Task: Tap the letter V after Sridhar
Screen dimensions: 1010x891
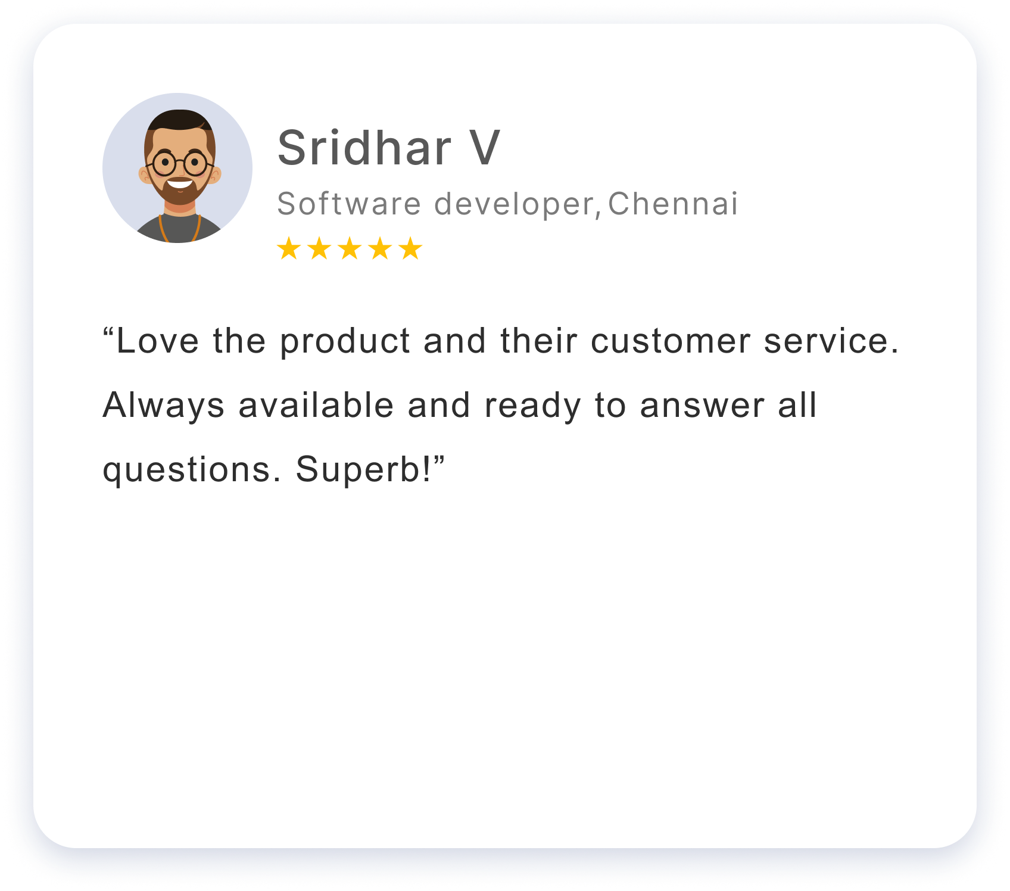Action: tap(484, 148)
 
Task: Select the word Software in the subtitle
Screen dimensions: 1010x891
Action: tap(350, 204)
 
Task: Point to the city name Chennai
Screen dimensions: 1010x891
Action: tap(673, 204)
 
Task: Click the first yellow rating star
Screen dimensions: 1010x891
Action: tap(289, 248)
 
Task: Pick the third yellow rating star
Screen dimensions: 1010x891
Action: tap(350, 248)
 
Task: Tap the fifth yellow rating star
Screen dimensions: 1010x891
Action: tap(410, 248)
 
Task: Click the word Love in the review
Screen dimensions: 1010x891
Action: tap(158, 341)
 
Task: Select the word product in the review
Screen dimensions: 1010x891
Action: tap(345, 342)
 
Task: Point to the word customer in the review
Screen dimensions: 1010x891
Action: tap(671, 342)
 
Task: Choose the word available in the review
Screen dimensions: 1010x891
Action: tap(316, 405)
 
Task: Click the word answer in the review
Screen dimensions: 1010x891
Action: tap(702, 406)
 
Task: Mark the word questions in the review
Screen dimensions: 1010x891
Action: tap(186, 471)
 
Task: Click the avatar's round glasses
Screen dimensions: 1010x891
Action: tap(179, 163)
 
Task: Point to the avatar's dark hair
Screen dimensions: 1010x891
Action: tap(179, 119)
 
